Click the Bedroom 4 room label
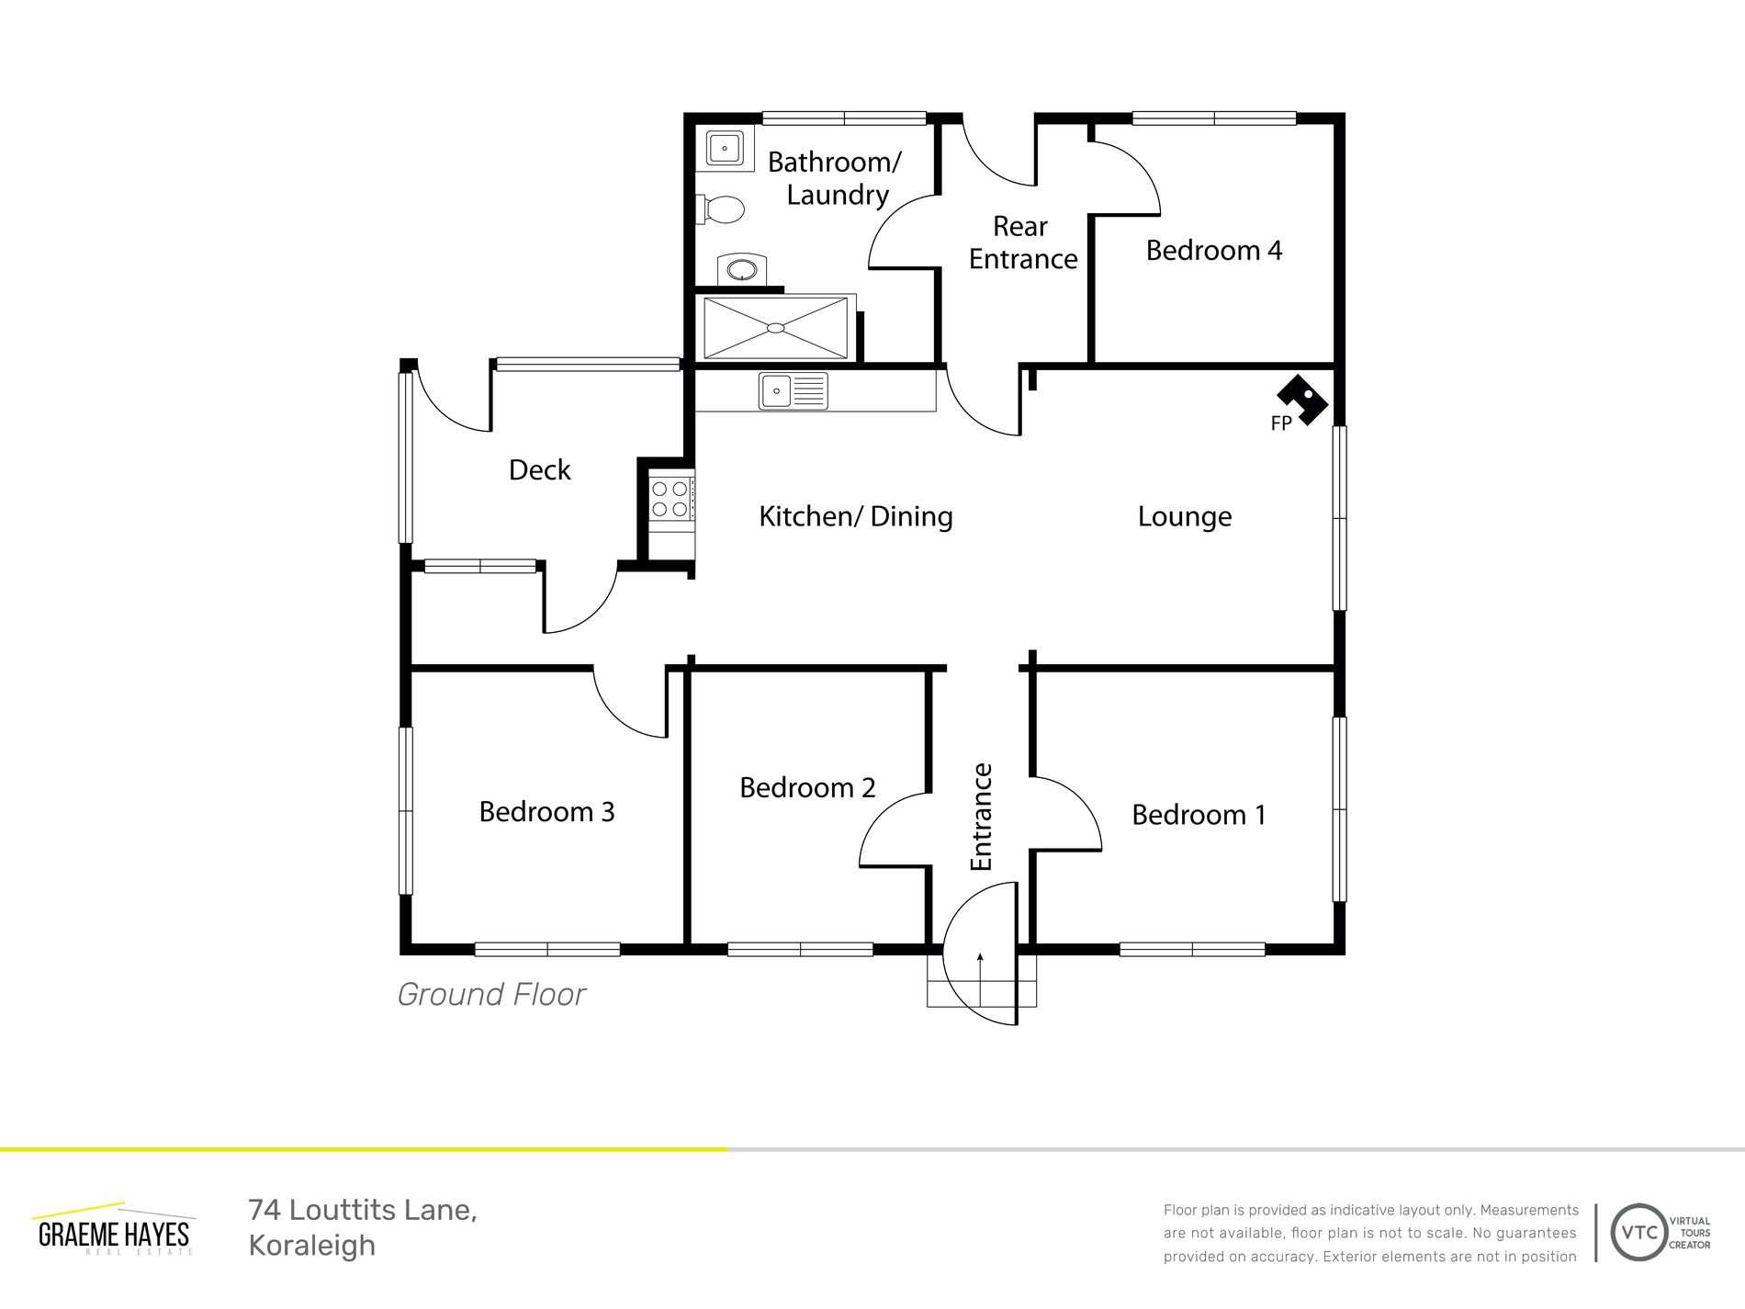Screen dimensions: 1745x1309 [1213, 251]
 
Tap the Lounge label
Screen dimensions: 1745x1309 [1185, 517]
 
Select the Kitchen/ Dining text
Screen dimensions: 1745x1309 [856, 516]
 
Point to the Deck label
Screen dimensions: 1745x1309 [540, 470]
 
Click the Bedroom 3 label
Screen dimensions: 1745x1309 [546, 812]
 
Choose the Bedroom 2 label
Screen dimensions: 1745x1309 [807, 788]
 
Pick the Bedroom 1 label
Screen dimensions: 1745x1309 [1199, 815]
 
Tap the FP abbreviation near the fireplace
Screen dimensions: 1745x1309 [1281, 423]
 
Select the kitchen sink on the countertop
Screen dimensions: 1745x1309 [793, 390]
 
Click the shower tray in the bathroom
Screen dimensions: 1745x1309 [776, 327]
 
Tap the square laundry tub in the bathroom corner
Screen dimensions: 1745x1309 [725, 148]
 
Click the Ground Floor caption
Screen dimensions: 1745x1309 [491, 995]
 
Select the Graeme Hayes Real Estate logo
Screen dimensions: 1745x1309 [114, 1229]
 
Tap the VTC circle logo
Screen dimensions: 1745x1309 [1639, 1233]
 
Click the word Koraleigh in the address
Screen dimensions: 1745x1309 [312, 1247]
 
